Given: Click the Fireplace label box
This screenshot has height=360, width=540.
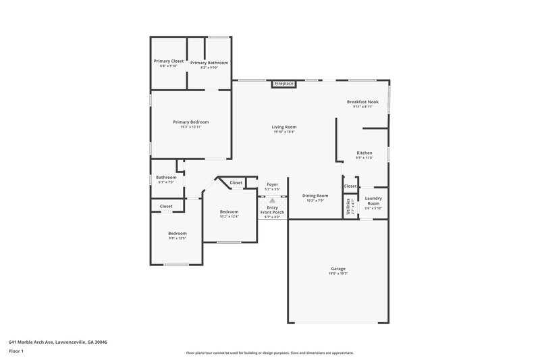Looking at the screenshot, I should [x=284, y=84].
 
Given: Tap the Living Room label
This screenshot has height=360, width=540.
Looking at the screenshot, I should [x=284, y=127].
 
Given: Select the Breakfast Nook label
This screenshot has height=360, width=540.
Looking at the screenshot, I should [x=363, y=101].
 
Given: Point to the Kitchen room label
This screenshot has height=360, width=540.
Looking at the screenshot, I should [x=364, y=153].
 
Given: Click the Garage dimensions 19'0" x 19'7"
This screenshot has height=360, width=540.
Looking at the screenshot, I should [x=338, y=274].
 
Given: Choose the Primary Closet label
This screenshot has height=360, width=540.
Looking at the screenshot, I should [x=168, y=61].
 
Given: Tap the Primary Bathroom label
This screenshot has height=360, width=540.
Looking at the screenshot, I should [x=209, y=63].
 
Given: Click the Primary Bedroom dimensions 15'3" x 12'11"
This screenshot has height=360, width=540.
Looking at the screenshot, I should [x=191, y=127].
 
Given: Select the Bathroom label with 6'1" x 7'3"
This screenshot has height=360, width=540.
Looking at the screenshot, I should [x=167, y=178].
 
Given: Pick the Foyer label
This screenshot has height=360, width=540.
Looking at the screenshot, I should [x=272, y=184].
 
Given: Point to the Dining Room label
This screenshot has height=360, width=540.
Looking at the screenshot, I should [x=315, y=195].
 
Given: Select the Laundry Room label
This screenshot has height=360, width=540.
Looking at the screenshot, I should [x=373, y=201].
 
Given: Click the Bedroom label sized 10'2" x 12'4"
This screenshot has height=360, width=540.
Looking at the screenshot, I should [x=230, y=211].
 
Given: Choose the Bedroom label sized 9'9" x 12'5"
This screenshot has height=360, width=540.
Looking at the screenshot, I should [x=178, y=233].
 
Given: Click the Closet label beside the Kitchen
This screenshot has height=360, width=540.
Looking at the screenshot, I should [x=350, y=186].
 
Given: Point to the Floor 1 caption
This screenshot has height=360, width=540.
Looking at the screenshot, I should [x=16, y=351].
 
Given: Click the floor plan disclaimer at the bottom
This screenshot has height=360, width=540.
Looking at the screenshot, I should [x=270, y=353].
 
